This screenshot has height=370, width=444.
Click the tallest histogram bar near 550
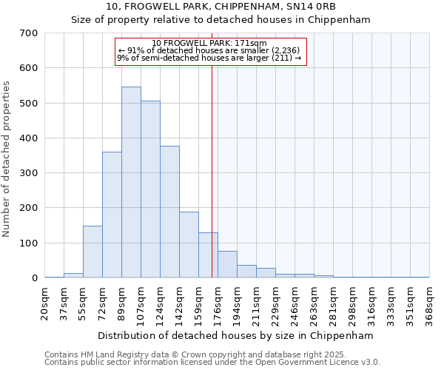131,182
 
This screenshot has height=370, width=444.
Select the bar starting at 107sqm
150,189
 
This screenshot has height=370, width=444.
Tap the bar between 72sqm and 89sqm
112,215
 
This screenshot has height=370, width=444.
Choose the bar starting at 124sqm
169,212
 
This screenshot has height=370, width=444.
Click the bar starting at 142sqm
189,245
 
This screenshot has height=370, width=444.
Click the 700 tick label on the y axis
29,33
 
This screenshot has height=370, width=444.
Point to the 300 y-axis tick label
29,173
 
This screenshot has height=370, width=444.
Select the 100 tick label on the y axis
29,243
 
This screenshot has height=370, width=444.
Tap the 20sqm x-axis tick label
45,302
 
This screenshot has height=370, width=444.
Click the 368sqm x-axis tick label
429,302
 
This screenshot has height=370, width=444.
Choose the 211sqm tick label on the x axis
256,302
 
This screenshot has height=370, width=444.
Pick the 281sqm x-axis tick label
333,302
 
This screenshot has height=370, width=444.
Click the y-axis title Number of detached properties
7,159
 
